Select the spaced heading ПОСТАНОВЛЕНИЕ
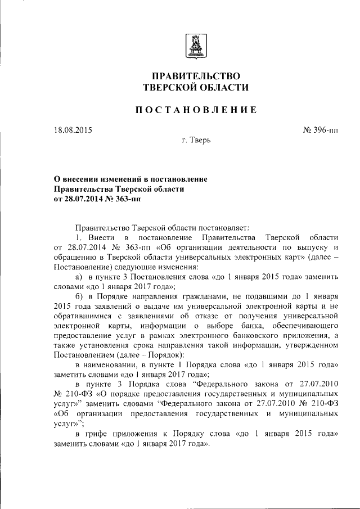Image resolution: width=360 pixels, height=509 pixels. click(195, 110)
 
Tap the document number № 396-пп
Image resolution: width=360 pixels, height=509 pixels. click(321, 130)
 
